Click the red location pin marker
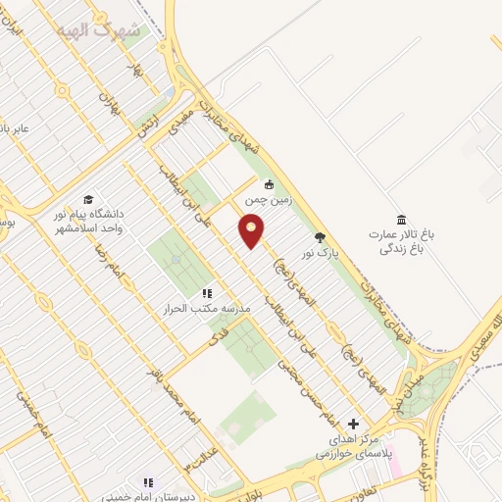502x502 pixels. pyautogui.click(x=252, y=231)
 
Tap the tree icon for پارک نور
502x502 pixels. pyautogui.click(x=319, y=236)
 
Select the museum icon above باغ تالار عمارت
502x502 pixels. pyautogui.click(x=400, y=219)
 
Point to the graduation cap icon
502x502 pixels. pyautogui.click(x=88, y=200)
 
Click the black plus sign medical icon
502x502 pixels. pyautogui.click(x=354, y=424)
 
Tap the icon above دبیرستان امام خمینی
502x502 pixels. pyautogui.click(x=147, y=482)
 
